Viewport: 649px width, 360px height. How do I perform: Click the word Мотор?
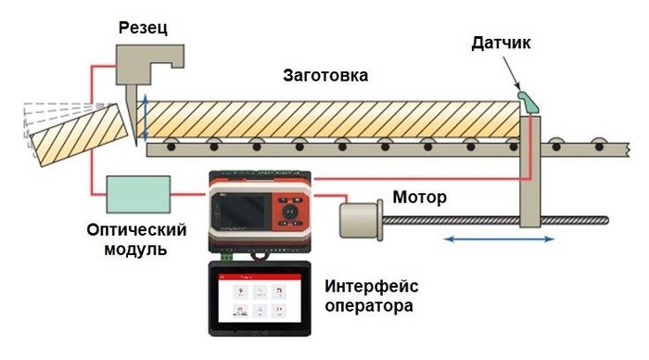coord(419,197)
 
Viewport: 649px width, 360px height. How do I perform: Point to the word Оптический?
coord(137,229)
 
